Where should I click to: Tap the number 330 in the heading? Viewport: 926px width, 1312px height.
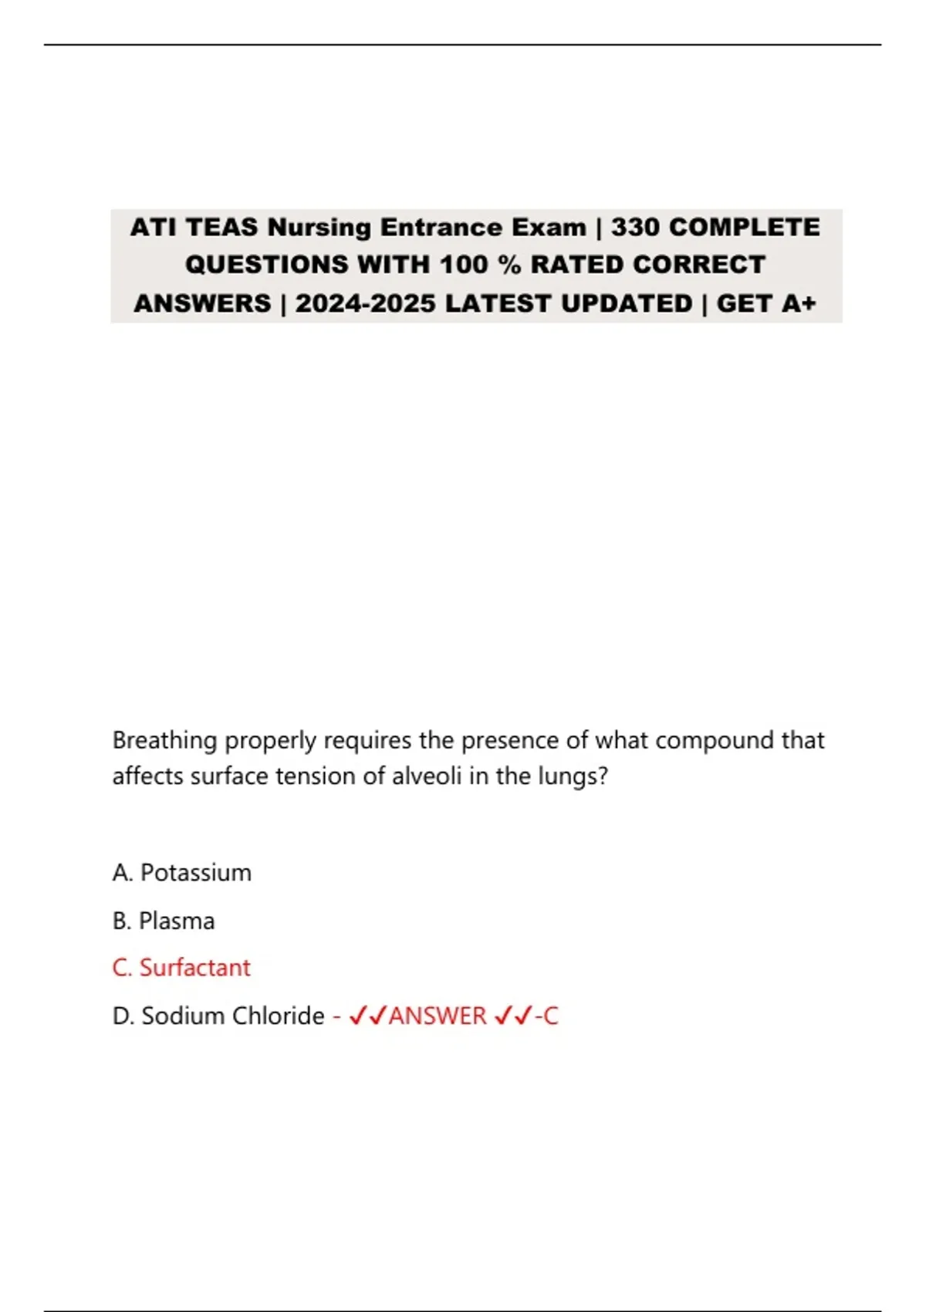click(635, 228)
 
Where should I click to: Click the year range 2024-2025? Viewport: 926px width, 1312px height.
click(365, 303)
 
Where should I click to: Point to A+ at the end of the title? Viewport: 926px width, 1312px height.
click(799, 303)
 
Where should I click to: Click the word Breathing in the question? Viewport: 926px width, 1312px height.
click(164, 740)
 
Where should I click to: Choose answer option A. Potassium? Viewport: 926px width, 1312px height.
click(182, 873)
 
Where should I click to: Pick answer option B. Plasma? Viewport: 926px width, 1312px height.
click(164, 921)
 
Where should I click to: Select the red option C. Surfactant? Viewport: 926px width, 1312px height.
click(181, 968)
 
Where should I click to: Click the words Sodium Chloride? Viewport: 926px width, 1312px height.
click(233, 1016)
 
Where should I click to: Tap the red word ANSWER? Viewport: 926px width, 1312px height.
click(438, 1016)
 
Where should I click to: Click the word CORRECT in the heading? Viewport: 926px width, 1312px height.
click(698, 265)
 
